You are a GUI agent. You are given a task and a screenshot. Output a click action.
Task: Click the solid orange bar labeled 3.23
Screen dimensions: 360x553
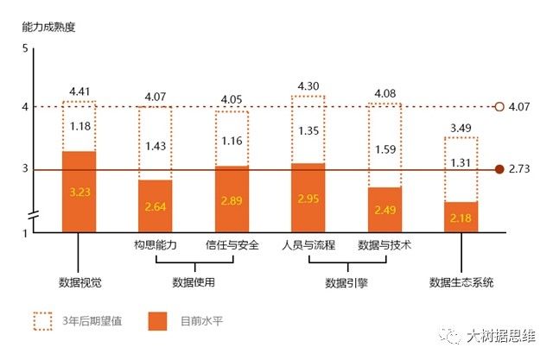(79, 192)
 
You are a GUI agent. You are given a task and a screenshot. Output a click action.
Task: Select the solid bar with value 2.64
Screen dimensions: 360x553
(156, 205)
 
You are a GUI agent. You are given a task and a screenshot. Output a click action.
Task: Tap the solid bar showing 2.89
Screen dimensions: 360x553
(232, 199)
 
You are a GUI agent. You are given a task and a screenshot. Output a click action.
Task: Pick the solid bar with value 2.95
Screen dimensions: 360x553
(308, 197)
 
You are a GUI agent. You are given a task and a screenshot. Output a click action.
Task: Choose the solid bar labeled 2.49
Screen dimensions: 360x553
(385, 209)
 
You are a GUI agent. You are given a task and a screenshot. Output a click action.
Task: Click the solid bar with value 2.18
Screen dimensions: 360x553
(461, 216)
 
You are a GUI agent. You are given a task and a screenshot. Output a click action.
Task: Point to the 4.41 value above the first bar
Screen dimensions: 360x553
(79, 92)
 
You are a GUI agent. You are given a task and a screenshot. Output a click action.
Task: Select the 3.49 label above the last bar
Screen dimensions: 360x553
(461, 129)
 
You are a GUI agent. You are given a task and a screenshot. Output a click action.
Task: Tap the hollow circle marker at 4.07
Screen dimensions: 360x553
(499, 107)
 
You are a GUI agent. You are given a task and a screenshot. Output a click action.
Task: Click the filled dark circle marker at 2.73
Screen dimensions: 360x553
(499, 169)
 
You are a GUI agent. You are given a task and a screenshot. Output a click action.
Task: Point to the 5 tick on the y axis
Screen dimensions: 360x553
(26, 47)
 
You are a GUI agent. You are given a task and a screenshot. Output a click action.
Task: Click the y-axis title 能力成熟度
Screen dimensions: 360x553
(49, 26)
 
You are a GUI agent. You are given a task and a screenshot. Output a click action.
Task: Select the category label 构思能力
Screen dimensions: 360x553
(156, 245)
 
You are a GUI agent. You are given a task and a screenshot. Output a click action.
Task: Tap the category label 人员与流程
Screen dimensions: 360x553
(308, 245)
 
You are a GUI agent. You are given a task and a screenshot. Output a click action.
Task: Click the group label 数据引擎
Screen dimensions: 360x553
(346, 282)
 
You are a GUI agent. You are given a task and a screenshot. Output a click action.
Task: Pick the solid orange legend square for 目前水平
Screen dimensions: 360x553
(156, 321)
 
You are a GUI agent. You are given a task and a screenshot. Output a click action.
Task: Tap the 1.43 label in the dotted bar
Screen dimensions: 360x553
(156, 146)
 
